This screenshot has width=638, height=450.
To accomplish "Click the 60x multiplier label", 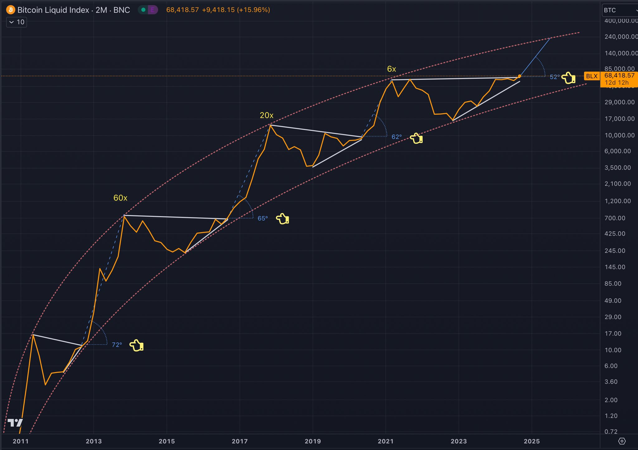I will [120, 198].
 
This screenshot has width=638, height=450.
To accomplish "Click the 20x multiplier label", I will [266, 115].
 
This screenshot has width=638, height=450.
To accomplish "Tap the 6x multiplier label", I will [392, 69].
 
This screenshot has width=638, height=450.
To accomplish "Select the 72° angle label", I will [117, 345].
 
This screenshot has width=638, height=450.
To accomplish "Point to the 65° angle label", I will [263, 218].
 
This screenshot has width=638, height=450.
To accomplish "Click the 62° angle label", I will [397, 137].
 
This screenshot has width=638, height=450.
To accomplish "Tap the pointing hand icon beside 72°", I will [136, 345].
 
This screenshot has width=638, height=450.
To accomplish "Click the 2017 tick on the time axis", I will [240, 441].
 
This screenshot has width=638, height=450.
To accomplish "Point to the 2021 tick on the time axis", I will [386, 441].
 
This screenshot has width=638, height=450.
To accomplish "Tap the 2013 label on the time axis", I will [93, 441].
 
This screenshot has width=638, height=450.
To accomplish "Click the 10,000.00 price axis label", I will [619, 135].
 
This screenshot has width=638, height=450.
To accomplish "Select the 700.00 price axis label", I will [615, 218].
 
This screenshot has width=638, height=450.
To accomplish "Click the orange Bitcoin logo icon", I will [11, 10].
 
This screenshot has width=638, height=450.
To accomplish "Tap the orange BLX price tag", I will [592, 76].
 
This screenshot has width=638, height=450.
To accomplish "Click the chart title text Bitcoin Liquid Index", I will [53, 10].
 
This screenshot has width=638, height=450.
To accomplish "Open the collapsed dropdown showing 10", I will [17, 22].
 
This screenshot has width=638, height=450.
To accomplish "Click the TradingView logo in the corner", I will [15, 423].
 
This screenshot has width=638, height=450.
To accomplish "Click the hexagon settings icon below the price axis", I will [622, 441].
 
